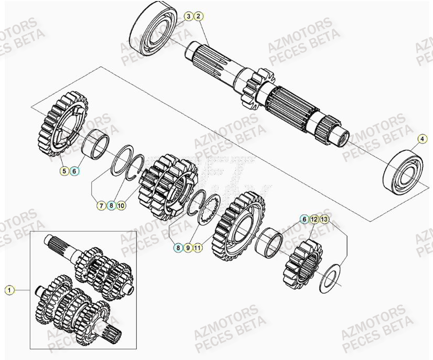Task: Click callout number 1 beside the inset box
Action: pos(8,289)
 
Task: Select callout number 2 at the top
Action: pos(198,17)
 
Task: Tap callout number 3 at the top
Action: pos(188,17)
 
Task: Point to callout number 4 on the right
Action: pos(421,139)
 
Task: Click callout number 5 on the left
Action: pos(64,170)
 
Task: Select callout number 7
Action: pos(100,206)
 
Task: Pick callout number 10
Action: pos(121,206)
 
